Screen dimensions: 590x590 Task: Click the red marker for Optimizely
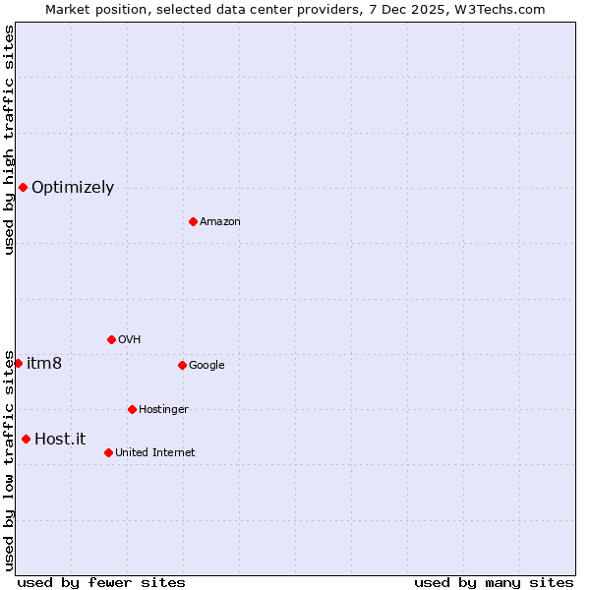23,187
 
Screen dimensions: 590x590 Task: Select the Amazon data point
193,221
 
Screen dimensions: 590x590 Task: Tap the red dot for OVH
111,339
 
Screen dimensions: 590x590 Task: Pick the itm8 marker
18,363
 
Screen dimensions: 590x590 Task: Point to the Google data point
182,365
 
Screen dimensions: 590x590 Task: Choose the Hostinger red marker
132,409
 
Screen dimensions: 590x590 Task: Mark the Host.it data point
26,439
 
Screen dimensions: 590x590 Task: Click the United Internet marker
108,452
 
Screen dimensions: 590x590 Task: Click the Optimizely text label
73,188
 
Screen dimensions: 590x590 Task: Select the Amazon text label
220,222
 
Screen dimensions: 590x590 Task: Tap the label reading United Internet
155,453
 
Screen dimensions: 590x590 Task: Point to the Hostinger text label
163,410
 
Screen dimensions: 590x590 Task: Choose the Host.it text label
60,440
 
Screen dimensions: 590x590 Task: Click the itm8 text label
44,364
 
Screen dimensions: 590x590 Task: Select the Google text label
206,366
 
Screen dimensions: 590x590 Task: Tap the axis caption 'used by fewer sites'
101,582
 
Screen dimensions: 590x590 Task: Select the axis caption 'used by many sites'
494,582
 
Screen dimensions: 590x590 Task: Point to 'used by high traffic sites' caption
9,140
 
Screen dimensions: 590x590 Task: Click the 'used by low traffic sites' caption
9,459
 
